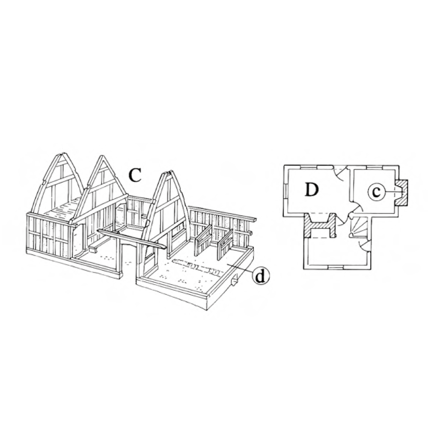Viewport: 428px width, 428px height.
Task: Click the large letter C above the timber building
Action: tap(135, 175)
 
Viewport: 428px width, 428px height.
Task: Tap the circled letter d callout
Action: tap(261, 276)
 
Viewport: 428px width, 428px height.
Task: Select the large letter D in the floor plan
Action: tap(312, 190)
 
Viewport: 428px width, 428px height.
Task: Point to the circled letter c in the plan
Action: tap(376, 192)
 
